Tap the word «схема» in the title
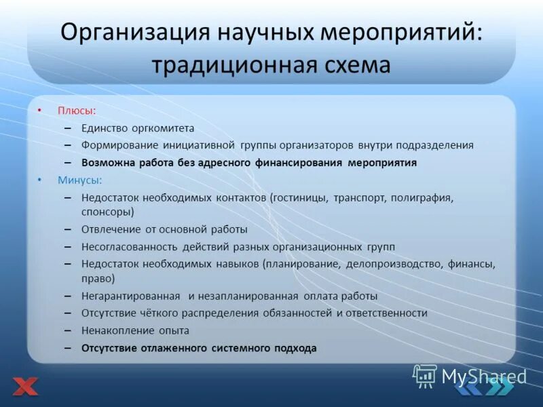[x=356, y=65]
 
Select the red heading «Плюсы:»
[x=76, y=110]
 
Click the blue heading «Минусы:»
[x=80, y=180]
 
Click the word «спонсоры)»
[x=107, y=212]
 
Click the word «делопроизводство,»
[x=396, y=265]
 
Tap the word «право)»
[x=98, y=278]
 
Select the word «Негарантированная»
[x=130, y=296]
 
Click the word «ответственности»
[x=386, y=313]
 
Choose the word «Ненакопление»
[x=115, y=331]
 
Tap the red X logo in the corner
[x=25, y=387]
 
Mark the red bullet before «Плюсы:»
[x=39, y=110]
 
